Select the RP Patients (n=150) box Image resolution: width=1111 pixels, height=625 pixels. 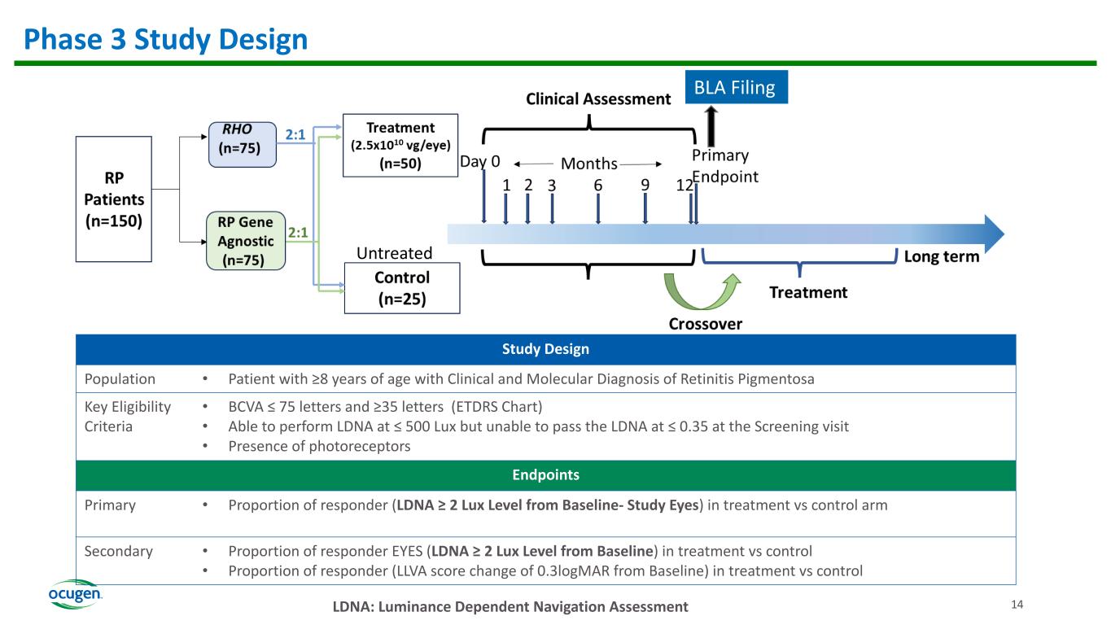[x=114, y=199]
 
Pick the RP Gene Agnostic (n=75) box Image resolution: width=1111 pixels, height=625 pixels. [x=246, y=241]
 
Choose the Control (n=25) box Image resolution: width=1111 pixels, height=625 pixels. [x=402, y=287]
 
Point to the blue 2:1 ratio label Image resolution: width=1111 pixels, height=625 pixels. [x=296, y=135]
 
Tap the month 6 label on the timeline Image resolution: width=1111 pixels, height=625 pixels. [x=597, y=186]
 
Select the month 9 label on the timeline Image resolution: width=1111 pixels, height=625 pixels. [x=645, y=186]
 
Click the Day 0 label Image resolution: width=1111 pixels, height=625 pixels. [x=479, y=162]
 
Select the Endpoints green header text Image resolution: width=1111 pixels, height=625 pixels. [x=556, y=474]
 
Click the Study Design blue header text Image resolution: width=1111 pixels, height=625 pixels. [x=556, y=349]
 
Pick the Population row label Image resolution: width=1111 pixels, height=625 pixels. [x=120, y=378]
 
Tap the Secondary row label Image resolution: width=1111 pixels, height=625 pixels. [x=119, y=551]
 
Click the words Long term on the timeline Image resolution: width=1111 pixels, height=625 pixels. [x=942, y=257]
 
